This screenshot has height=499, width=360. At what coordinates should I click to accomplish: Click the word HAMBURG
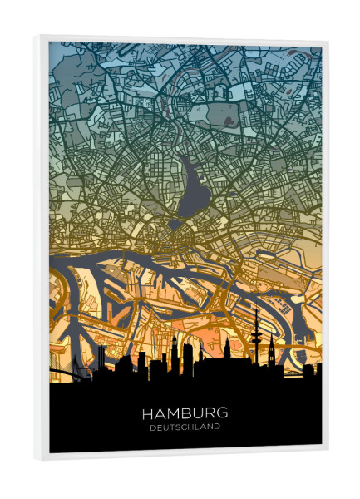[185, 413]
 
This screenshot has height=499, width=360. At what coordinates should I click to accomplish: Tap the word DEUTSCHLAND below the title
[185, 428]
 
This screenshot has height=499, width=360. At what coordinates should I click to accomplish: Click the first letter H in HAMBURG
[147, 413]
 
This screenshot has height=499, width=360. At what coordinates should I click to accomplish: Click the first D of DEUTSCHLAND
[153, 428]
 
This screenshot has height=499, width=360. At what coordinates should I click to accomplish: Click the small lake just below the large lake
[176, 224]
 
